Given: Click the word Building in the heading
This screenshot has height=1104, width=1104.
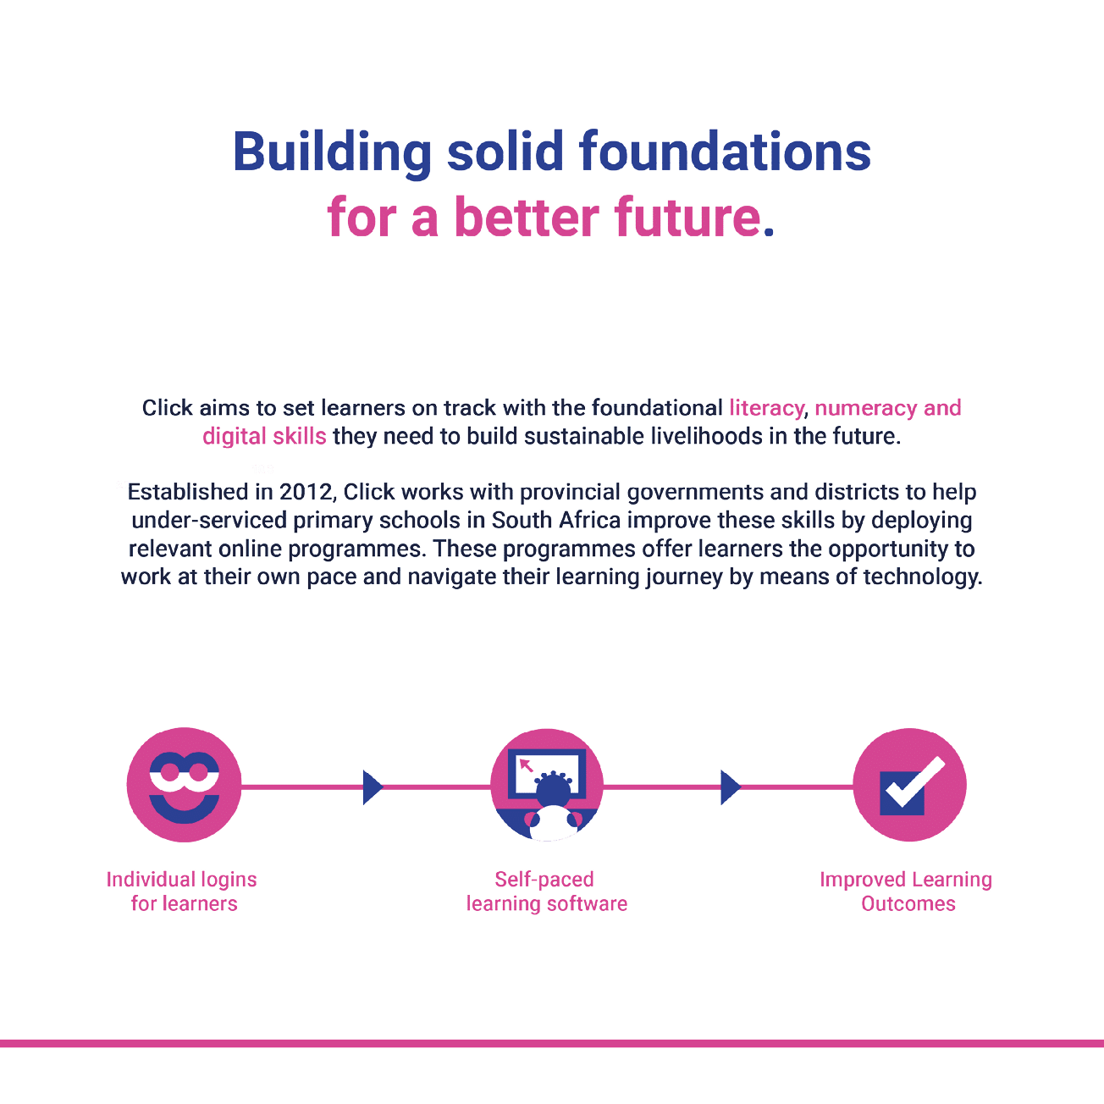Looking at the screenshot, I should [332, 152].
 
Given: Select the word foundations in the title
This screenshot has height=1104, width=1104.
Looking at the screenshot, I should [725, 152].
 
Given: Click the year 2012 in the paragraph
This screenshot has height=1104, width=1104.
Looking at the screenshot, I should [306, 492].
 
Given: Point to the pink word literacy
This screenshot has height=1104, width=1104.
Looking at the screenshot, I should [767, 408].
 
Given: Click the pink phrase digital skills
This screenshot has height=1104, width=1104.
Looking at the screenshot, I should [264, 437].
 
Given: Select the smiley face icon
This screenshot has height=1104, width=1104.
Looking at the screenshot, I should [184, 785].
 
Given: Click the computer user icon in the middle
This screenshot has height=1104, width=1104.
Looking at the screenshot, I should [547, 785].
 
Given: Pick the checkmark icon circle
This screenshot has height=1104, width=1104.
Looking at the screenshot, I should [909, 785].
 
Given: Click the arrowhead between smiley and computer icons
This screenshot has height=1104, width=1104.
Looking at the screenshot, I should [372, 787].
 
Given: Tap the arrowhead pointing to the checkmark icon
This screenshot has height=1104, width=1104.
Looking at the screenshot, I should [730, 787].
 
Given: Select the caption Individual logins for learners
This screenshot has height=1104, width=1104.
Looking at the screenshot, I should [183, 891].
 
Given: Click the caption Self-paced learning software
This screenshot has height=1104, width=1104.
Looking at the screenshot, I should [547, 891].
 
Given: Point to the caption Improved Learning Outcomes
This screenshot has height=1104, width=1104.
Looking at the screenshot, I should [907, 891].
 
